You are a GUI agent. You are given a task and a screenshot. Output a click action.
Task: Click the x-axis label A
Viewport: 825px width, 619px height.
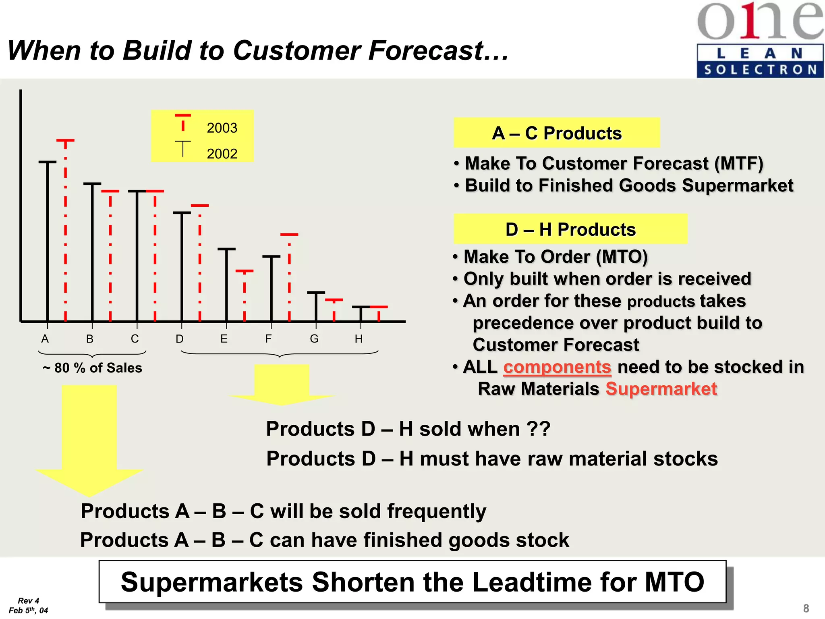click(45, 339)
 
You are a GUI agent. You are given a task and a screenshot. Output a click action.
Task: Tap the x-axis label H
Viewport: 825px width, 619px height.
click(359, 339)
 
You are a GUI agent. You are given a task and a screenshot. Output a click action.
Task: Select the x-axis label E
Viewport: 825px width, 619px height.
click(224, 339)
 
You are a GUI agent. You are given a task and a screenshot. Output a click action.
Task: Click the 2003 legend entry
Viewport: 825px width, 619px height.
click(222, 128)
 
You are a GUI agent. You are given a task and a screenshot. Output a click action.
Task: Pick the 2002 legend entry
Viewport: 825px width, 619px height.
click(222, 154)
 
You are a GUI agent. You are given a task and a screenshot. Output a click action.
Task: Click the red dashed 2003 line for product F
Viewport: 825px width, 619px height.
click(289, 278)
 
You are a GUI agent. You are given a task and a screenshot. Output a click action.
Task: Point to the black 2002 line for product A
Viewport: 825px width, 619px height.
click(48, 242)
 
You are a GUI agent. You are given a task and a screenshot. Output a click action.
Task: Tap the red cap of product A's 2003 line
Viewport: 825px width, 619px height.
click(65, 140)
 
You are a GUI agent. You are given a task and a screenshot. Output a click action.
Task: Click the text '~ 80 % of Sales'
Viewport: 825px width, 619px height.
click(92, 368)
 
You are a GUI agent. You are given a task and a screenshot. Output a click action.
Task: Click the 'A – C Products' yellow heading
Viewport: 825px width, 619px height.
click(557, 133)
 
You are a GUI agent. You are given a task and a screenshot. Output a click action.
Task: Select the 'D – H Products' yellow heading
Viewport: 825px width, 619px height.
click(570, 229)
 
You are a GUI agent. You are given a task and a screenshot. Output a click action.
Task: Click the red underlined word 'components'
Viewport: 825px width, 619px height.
click(557, 367)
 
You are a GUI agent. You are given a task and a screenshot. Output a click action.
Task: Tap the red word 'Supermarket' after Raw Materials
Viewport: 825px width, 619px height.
click(661, 389)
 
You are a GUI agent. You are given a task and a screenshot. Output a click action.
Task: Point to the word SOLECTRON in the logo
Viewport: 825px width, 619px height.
click(760, 70)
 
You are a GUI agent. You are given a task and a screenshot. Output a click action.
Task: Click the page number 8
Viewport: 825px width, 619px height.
click(806, 608)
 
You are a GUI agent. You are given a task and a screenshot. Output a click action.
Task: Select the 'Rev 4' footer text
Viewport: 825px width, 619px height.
click(28, 600)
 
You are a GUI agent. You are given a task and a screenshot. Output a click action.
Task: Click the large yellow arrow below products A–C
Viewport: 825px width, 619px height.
click(89, 439)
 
